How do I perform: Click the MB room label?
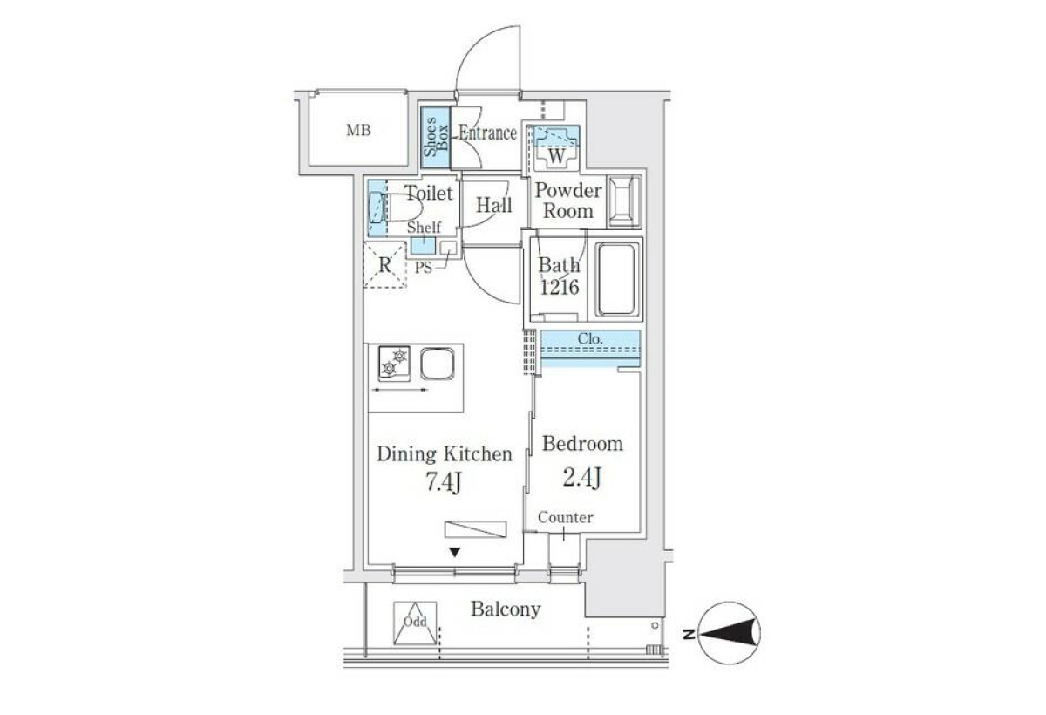coord(358,130)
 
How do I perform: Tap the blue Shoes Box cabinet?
coord(435,137)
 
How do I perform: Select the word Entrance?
coord(487,133)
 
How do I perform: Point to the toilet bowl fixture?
coord(396,208)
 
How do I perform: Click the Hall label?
coord(493,205)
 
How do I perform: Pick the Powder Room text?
coord(568,201)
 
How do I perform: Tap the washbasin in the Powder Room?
coord(623,202)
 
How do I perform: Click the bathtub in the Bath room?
coord(617,279)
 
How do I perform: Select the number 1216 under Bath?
coord(560,287)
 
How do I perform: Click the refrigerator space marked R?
coord(384,265)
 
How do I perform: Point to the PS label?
coord(424,268)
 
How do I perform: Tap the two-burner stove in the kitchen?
coord(395,364)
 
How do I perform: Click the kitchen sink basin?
coord(437,364)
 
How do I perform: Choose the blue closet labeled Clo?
coord(590,349)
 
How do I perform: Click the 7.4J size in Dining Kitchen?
coord(444,482)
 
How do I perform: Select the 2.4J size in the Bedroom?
coord(581,477)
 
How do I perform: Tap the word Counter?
coord(566,517)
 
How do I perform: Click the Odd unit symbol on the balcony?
coord(415,623)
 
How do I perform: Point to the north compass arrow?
coord(729,634)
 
